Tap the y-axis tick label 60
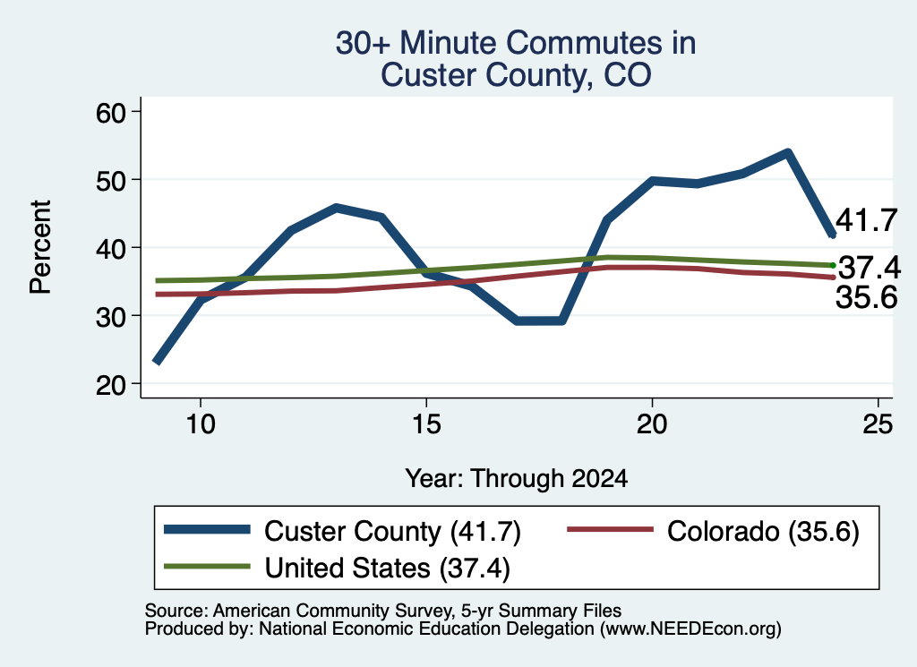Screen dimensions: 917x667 tap(111, 112)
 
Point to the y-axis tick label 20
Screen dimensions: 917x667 tap(111, 385)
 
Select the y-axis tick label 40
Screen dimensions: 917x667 tap(111, 248)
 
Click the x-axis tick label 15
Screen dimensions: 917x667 tap(426, 423)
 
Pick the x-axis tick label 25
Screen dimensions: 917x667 tap(878, 423)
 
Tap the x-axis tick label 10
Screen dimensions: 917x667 tap(201, 423)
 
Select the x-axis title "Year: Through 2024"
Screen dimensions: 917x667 tap(517, 478)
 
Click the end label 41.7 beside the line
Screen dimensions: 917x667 tap(866, 220)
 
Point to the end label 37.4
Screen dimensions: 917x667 tap(870, 268)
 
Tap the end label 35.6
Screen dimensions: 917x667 tap(866, 297)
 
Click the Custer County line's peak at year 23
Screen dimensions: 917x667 tap(788, 153)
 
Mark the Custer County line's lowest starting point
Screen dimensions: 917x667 tap(157, 362)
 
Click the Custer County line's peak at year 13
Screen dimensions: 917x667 tap(337, 208)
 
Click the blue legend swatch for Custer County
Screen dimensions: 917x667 tap(207, 530)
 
